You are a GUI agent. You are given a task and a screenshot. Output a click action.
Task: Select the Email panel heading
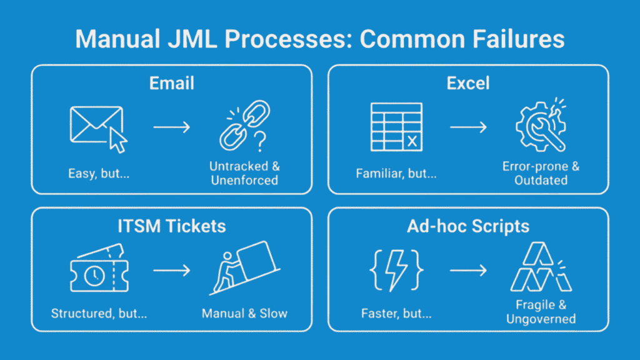pyautogui.click(x=171, y=84)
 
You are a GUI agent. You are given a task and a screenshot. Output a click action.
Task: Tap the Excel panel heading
pyautogui.click(x=468, y=84)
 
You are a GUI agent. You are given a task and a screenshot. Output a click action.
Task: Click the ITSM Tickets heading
pyautogui.click(x=171, y=227)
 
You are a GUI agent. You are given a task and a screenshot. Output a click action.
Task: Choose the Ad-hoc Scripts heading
pyautogui.click(x=468, y=227)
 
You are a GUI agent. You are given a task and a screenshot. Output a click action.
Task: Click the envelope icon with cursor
pyautogui.click(x=98, y=128)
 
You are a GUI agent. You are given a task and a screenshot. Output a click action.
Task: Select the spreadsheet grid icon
pyautogui.click(x=396, y=127)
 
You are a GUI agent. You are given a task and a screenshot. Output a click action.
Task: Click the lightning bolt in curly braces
pyautogui.click(x=396, y=270)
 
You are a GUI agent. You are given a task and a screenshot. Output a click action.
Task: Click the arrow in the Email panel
pyautogui.click(x=171, y=127)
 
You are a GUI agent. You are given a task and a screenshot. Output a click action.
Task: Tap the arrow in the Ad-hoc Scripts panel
pyautogui.click(x=468, y=271)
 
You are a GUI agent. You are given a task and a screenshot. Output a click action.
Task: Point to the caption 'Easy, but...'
pyautogui.click(x=98, y=173)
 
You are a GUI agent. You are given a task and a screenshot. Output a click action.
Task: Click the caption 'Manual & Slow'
pyautogui.click(x=244, y=312)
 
